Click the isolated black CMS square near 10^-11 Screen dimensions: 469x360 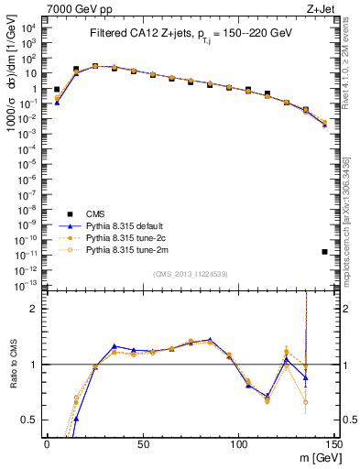[x=325, y=251]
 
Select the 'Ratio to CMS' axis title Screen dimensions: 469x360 [x=14, y=365]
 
